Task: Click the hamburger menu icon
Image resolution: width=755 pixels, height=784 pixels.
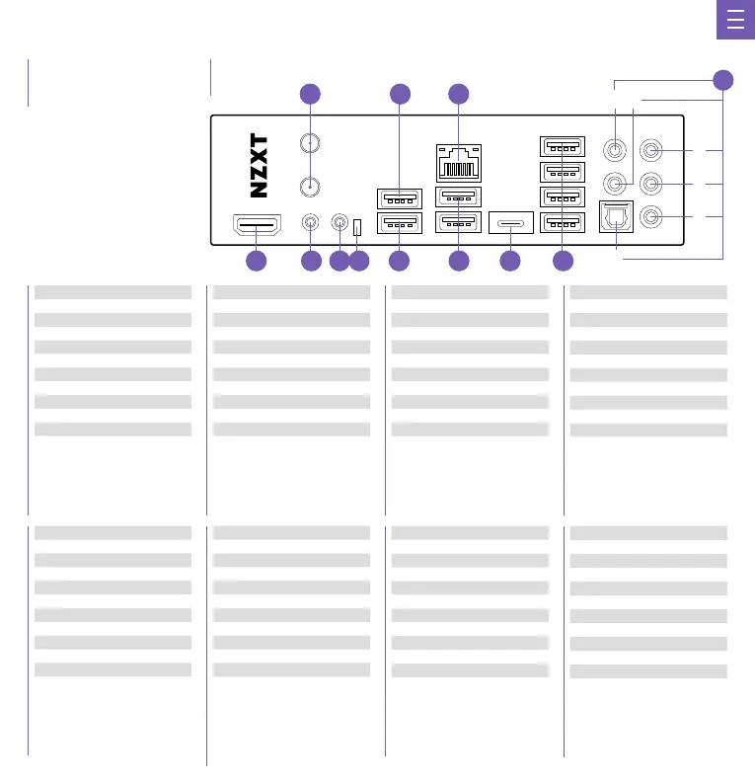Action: click(735, 21)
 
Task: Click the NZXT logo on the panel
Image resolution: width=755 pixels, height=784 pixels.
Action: click(259, 165)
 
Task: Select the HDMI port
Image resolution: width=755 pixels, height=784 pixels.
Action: click(257, 226)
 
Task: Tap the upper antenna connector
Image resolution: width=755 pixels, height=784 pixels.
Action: click(311, 144)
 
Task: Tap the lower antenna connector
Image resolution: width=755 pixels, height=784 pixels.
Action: click(311, 186)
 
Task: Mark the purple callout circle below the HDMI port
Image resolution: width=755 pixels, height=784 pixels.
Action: click(257, 261)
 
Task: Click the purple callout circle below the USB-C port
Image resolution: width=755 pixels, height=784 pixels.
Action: click(509, 261)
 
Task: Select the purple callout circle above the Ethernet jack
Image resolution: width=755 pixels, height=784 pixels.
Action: click(458, 95)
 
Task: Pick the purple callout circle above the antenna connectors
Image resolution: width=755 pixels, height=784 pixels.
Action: click(311, 95)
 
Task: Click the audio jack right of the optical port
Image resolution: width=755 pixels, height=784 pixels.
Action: click(650, 217)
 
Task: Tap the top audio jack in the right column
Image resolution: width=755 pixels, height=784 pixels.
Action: click(650, 150)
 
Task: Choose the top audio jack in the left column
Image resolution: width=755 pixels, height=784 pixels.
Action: click(616, 150)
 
